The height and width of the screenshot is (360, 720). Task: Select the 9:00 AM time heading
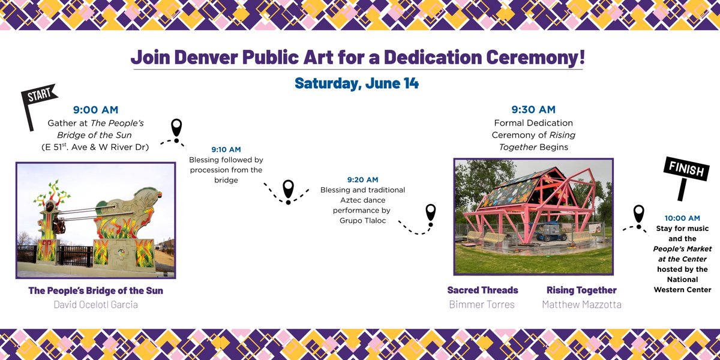point(95,110)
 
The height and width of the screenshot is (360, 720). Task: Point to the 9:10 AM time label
point(226,149)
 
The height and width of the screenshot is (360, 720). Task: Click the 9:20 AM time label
point(362,179)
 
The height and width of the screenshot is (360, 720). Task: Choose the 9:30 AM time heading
point(533,109)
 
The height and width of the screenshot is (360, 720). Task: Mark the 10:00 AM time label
point(682,218)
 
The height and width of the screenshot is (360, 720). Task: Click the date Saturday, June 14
point(356,83)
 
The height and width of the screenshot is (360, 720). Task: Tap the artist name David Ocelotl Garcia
point(95,305)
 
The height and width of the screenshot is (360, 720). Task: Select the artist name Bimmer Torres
point(482,305)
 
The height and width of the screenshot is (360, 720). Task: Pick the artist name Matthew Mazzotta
point(581,305)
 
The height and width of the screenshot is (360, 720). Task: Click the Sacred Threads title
point(482,290)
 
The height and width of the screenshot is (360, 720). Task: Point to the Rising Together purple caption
point(581,290)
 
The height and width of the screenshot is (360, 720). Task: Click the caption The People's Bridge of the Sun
point(95,290)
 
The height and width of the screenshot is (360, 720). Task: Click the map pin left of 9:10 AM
point(176,128)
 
